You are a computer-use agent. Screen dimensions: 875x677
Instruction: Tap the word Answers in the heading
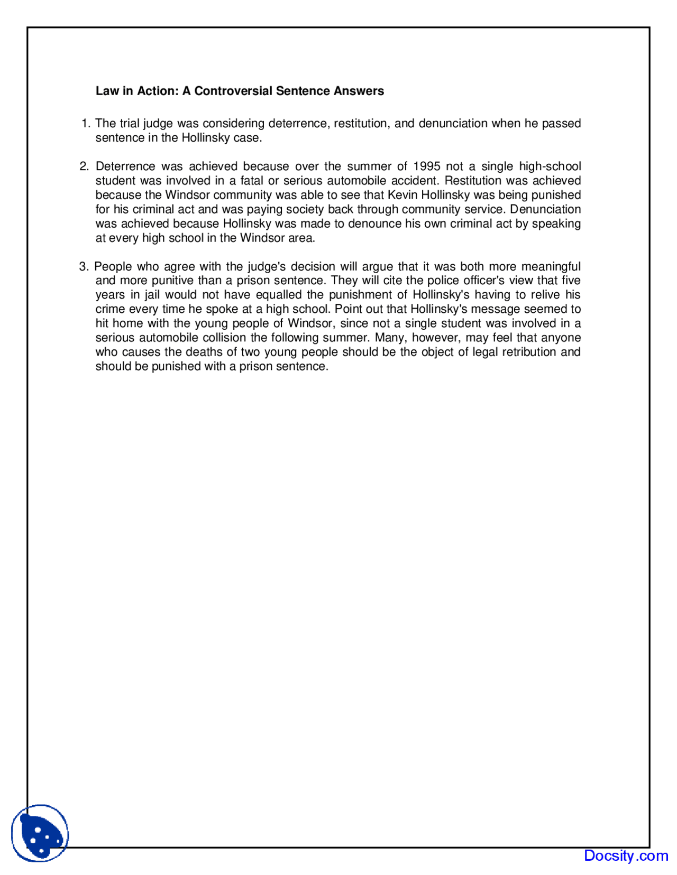tap(358, 91)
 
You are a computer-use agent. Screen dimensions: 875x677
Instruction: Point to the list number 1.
tap(86, 124)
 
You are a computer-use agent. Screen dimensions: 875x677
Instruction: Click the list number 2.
tap(84, 166)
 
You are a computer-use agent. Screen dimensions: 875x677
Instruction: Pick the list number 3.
tap(84, 266)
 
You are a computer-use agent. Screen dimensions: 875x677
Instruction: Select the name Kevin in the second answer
tap(402, 195)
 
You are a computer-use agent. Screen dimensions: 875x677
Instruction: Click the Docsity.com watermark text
tap(626, 855)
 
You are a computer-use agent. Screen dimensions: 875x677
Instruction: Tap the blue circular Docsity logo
tap(40, 833)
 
